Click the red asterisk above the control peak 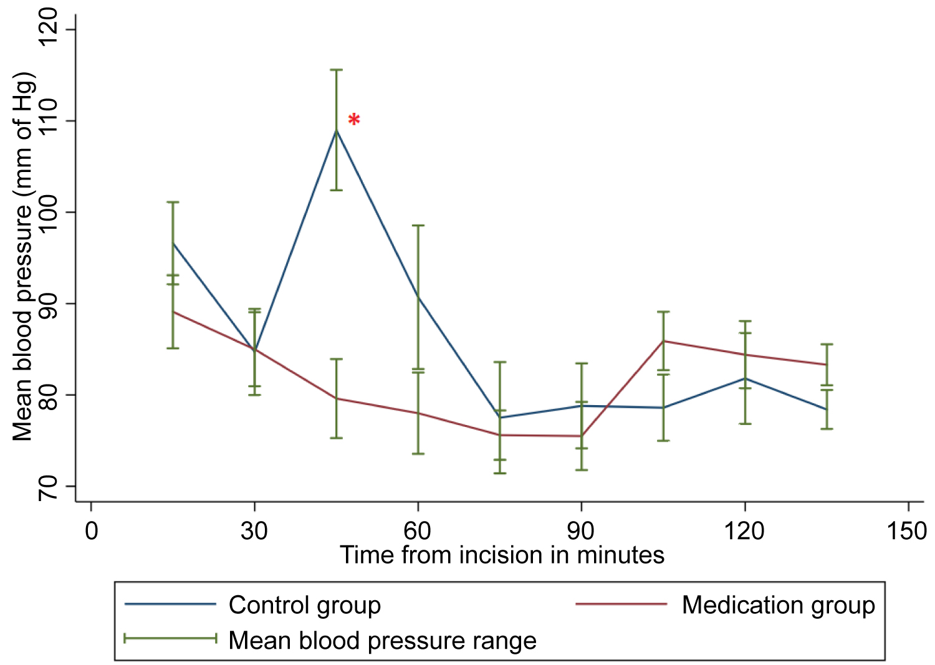(x=354, y=120)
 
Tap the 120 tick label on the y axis (x=48, y=29)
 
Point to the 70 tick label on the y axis (x=48, y=486)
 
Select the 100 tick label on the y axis (x=48, y=212)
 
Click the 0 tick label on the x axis (x=92, y=531)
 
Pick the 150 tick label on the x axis (x=907, y=531)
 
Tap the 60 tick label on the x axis (x=418, y=531)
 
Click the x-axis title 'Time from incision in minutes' (x=502, y=555)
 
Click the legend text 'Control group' (x=305, y=605)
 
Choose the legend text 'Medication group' (x=779, y=605)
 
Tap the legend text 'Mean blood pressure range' (x=383, y=640)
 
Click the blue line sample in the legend (x=170, y=604)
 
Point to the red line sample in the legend (x=621, y=604)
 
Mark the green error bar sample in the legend (x=170, y=638)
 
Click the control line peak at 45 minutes (x=337, y=130)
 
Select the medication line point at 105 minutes (x=663, y=341)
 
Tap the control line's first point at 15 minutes (x=173, y=243)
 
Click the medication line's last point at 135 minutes (x=827, y=365)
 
